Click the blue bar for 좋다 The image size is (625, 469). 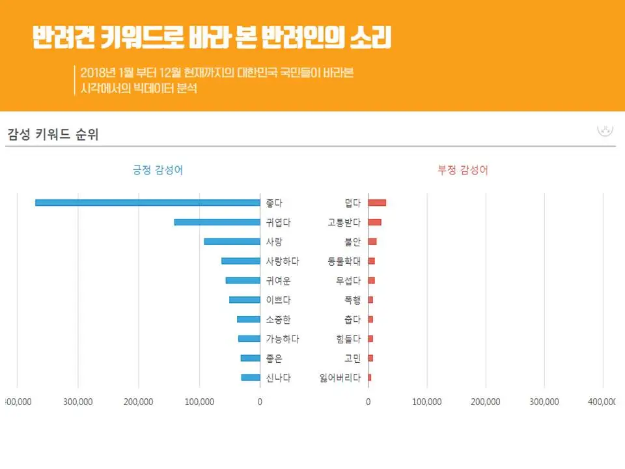pyautogui.click(x=147, y=203)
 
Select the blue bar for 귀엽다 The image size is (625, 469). pyautogui.click(x=217, y=222)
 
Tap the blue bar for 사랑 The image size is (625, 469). pyautogui.click(x=232, y=242)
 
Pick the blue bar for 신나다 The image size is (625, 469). pyautogui.click(x=251, y=378)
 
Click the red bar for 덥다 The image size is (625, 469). pyautogui.click(x=377, y=203)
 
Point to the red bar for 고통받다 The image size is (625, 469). pyautogui.click(x=374, y=222)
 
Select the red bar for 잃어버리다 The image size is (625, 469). pyautogui.click(x=370, y=378)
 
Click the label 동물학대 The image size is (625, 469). pyautogui.click(x=344, y=261)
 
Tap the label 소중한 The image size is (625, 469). pyautogui.click(x=278, y=319)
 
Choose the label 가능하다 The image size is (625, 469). pyautogui.click(x=283, y=339)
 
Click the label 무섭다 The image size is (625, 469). pyautogui.click(x=348, y=281)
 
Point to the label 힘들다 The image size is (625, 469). pyautogui.click(x=348, y=339)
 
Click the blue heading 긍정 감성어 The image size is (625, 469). pyautogui.click(x=158, y=171)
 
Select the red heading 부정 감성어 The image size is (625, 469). pyautogui.click(x=463, y=171)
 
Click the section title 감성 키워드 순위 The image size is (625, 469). pyautogui.click(x=53, y=135)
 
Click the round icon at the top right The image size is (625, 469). pyautogui.click(x=605, y=128)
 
